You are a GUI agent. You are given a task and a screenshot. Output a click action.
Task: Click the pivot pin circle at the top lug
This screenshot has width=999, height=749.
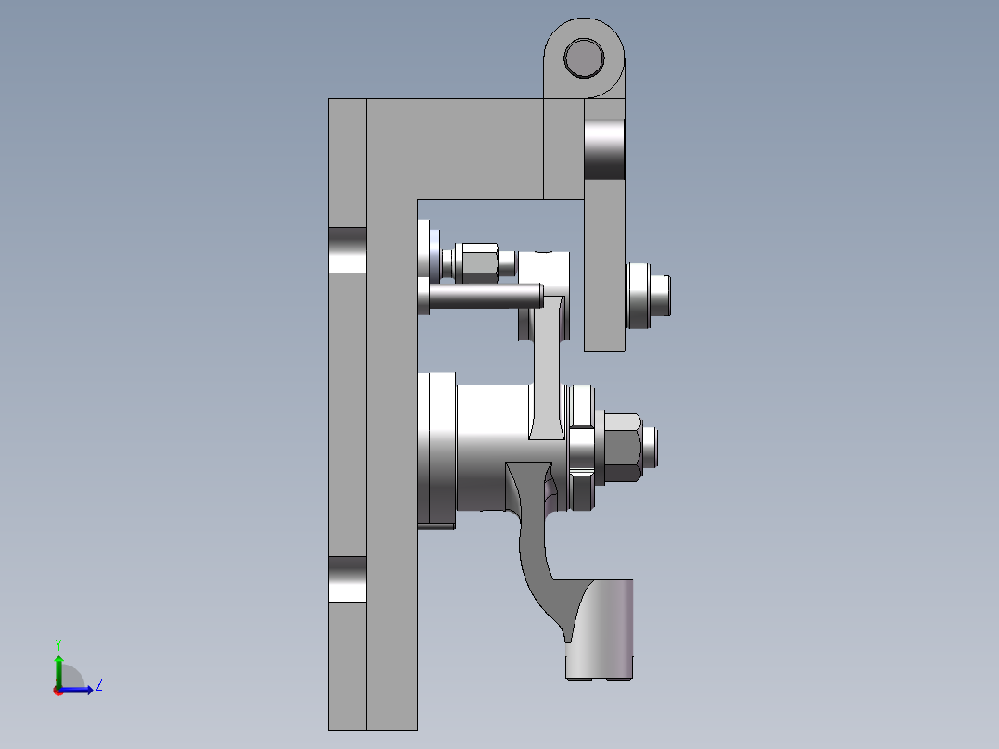point(584,57)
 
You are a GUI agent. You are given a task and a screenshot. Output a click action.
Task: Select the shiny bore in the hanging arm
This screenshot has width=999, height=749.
point(604,151)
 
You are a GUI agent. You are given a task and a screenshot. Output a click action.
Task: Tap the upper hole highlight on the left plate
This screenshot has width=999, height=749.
point(348,249)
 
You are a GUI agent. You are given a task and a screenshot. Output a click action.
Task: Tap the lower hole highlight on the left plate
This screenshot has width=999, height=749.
point(348,578)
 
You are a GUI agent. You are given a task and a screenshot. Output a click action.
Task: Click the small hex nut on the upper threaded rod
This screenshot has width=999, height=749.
point(479,263)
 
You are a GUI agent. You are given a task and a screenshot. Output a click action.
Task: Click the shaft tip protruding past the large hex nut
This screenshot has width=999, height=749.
point(652,446)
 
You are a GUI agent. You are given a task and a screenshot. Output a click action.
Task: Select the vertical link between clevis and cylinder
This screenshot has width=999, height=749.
point(548,371)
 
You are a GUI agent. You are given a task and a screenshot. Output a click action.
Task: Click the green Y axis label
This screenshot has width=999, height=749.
point(57,643)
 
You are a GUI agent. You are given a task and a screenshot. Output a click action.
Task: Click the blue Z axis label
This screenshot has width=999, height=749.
point(98,685)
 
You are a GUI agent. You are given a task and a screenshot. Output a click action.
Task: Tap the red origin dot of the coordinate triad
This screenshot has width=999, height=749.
point(57,690)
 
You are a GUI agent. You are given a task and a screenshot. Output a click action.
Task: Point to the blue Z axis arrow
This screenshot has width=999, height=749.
point(79,690)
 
